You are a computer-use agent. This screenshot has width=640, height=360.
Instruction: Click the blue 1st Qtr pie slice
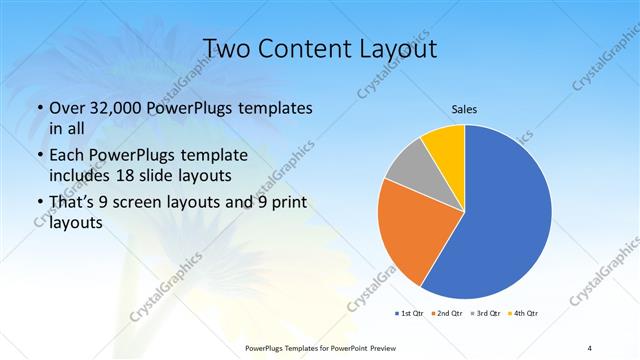click(505, 215)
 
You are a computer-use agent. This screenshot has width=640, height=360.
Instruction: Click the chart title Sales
click(464, 108)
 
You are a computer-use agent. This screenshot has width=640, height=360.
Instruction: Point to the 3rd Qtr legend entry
click(483, 313)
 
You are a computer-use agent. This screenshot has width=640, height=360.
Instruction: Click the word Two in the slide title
click(228, 49)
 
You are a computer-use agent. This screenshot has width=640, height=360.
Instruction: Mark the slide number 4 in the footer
click(590, 346)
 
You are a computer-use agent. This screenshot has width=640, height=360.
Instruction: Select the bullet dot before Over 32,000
click(38, 108)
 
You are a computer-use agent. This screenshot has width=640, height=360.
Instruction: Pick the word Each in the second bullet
click(67, 156)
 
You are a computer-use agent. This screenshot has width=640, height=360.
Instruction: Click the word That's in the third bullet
click(73, 204)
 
